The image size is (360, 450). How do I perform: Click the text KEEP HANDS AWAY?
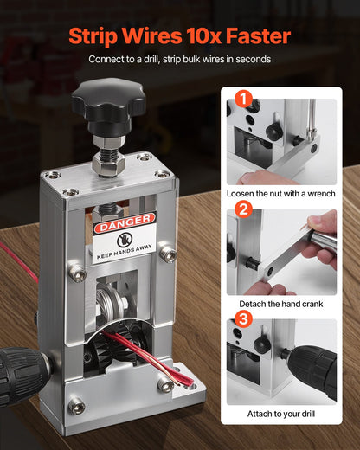click(124, 256)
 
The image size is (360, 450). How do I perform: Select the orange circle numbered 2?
click(243, 209)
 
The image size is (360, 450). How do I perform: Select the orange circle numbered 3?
click(243, 318)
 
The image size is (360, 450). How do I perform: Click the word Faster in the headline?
click(255, 36)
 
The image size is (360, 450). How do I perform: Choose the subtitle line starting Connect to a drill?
click(180, 59)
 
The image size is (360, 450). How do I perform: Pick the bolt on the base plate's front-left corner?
click(76, 404)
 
